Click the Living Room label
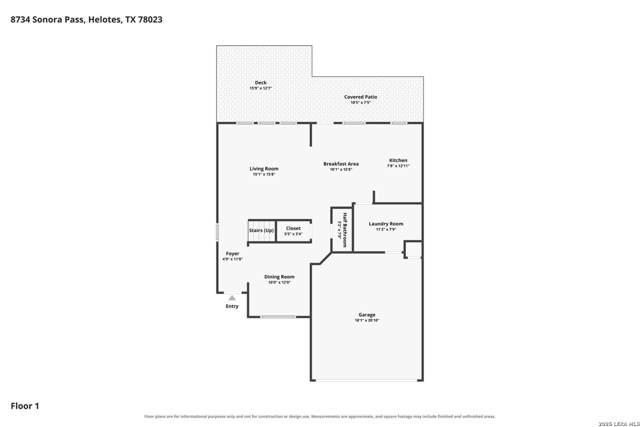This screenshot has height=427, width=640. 264,169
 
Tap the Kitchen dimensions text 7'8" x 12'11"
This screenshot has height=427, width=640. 398,166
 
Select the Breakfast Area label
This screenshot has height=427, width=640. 341,164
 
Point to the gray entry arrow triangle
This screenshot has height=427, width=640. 232,298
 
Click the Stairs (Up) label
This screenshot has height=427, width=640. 261,230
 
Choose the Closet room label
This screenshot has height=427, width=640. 293,228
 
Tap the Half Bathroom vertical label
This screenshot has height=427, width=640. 345,230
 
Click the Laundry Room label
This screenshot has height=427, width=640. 386,224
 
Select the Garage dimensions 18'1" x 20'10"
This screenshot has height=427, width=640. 367,320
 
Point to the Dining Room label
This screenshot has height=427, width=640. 279,277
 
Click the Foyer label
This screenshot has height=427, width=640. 232,253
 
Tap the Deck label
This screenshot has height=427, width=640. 261,83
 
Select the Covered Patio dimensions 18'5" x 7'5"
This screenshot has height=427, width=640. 361,102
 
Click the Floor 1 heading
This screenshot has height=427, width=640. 25,406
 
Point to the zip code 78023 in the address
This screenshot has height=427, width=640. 150,19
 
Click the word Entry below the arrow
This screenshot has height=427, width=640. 232,306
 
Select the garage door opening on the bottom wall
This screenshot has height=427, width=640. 367,380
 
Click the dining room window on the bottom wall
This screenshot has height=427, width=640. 278,317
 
